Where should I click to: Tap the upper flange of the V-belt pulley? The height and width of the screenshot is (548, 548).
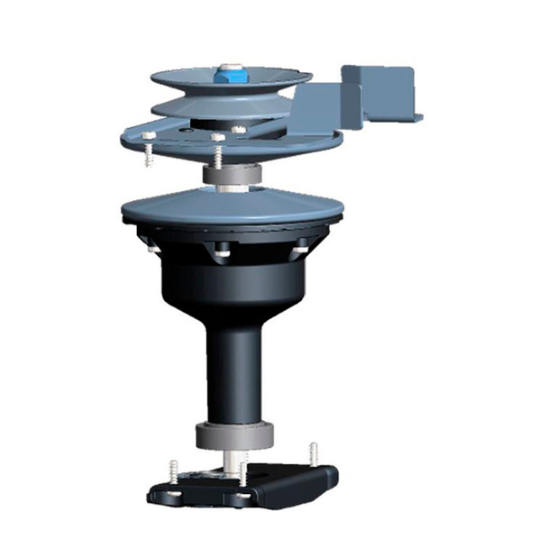pos(270,81)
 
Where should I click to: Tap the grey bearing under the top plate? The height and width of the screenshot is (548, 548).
pos(233,174)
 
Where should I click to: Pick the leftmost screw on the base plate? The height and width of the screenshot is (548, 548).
pos(172,472)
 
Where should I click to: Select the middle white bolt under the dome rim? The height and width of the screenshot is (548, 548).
pos(222,254)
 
